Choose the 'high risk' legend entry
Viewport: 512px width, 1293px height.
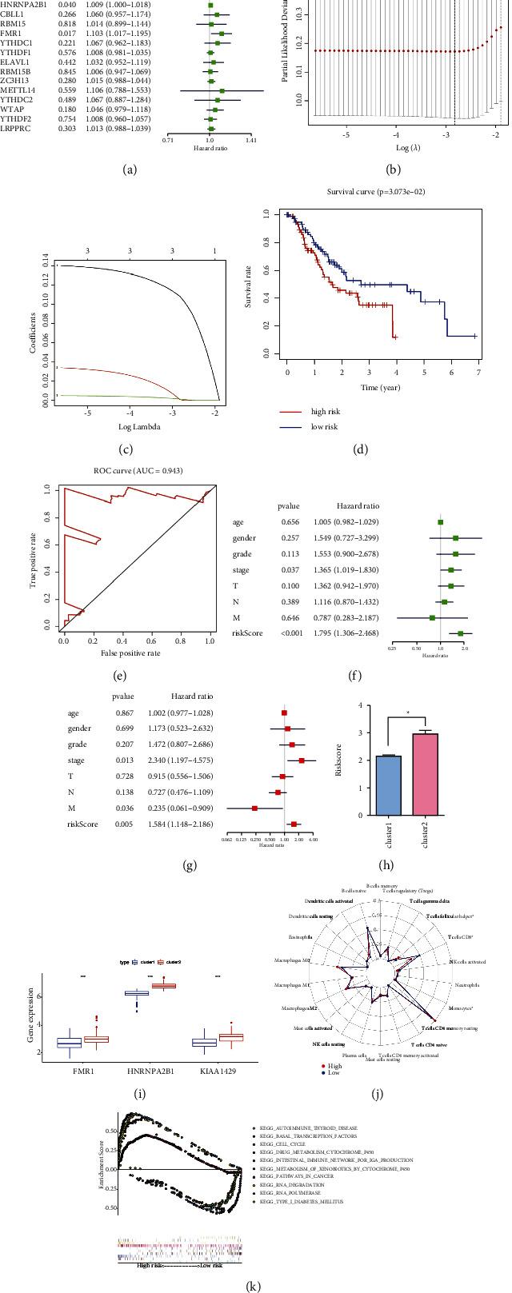click(325, 412)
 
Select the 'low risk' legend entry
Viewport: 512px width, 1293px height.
click(324, 427)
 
